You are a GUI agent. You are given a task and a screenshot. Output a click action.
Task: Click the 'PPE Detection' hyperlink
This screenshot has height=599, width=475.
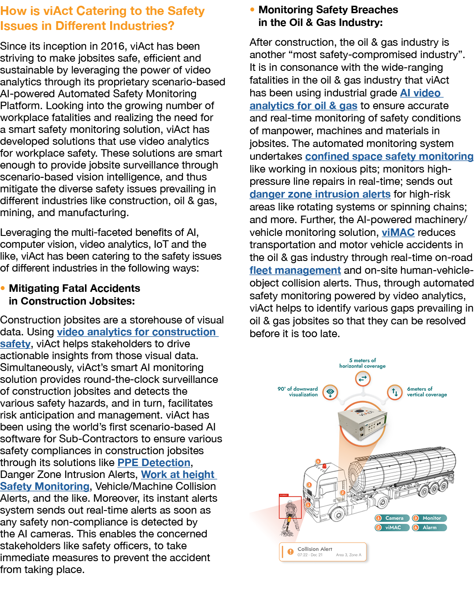click(154, 463)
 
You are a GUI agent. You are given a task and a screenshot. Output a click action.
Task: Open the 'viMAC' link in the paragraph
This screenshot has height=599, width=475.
click(398, 232)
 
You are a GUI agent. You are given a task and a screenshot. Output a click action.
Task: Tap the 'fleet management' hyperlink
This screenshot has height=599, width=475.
click(295, 270)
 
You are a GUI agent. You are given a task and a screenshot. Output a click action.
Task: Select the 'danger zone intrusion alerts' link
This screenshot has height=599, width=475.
click(320, 194)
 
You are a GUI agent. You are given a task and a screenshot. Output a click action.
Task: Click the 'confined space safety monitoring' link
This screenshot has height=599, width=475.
click(389, 156)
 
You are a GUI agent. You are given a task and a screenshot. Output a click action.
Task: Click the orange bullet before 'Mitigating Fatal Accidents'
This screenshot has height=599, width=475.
click(3, 288)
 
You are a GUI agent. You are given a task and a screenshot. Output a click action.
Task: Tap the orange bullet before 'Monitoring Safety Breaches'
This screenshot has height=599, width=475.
click(252, 9)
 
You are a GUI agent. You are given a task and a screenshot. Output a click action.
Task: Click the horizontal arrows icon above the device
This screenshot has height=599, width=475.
click(363, 378)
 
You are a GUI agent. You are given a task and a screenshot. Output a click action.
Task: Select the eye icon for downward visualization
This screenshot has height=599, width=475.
click(330, 392)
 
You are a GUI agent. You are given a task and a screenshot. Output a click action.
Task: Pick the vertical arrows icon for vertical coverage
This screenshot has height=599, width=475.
click(394, 392)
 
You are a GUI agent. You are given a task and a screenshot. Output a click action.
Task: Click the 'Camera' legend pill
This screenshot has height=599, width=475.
click(392, 518)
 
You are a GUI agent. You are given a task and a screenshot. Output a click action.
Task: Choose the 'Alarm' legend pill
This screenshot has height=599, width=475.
click(430, 527)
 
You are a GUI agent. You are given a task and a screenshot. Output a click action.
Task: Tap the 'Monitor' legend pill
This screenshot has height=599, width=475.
click(430, 518)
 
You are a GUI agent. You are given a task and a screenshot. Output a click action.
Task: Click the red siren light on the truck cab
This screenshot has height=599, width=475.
click(325, 465)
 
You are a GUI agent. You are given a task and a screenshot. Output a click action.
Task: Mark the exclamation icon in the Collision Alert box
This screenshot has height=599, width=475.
click(290, 551)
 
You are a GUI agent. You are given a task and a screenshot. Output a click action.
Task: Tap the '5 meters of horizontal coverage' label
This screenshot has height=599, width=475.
click(362, 363)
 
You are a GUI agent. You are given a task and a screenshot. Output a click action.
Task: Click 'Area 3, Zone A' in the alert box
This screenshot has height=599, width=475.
click(349, 555)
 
